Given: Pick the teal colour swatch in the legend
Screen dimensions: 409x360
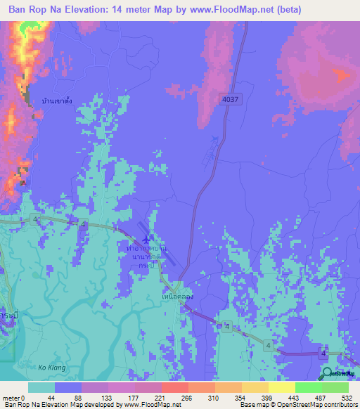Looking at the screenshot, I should click(x=41, y=387).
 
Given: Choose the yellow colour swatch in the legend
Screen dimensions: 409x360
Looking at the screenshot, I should click(x=282, y=387).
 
